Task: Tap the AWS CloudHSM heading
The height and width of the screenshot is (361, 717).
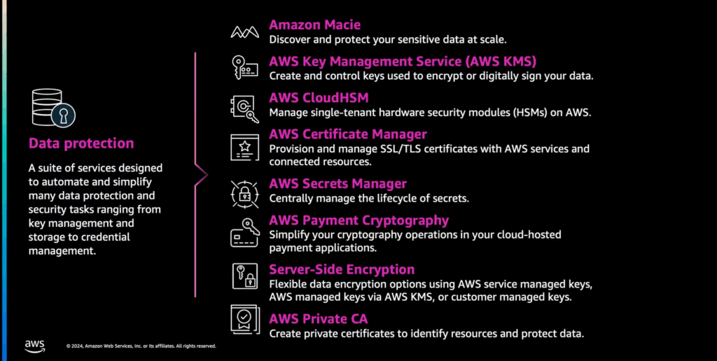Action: pos(319,98)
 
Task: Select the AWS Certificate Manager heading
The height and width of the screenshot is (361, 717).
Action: pos(348,134)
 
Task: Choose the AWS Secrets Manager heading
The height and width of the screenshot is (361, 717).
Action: pos(338,184)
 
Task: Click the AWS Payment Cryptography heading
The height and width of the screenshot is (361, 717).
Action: pos(359,220)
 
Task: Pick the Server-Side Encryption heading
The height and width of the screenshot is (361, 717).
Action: pos(342,269)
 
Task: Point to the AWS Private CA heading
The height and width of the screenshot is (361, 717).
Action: pos(319,318)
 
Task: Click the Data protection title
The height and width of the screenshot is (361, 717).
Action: pos(81,143)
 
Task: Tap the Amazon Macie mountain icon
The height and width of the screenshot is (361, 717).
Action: pos(244,31)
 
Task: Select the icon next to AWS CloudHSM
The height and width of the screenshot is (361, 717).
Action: pos(244,108)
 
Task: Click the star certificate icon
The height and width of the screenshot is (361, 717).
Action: pos(244,147)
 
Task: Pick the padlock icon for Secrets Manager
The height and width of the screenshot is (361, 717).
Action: pos(244,194)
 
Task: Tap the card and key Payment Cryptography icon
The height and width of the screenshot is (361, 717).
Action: pos(244,232)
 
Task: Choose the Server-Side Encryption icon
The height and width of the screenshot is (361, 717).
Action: pos(244,276)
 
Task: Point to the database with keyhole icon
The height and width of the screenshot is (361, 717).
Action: pos(53,108)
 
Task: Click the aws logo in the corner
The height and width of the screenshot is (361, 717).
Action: pos(35,346)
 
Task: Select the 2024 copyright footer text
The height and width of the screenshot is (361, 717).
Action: pos(141,346)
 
